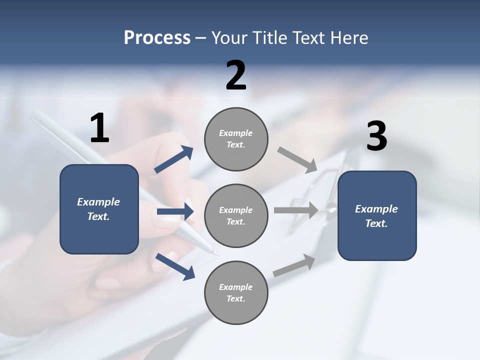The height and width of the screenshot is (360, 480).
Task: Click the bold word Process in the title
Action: click(x=157, y=38)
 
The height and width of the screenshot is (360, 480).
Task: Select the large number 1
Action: click(x=99, y=128)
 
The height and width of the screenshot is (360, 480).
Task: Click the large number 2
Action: click(x=236, y=75)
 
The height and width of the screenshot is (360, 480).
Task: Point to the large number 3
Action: click(x=376, y=137)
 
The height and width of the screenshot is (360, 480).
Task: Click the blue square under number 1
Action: click(x=99, y=209)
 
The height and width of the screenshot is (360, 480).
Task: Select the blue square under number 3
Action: click(x=377, y=216)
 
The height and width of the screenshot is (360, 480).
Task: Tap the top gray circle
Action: click(x=236, y=139)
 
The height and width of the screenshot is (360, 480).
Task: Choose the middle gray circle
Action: click(x=236, y=216)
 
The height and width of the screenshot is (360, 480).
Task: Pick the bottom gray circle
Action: click(x=236, y=293)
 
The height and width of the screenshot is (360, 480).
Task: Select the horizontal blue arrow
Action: click(x=175, y=211)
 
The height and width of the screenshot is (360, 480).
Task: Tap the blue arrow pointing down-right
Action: click(x=175, y=266)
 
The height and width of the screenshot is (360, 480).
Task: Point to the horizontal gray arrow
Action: click(x=296, y=210)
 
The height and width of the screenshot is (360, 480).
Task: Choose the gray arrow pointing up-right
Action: click(x=294, y=265)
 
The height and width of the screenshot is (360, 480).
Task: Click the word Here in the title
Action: click(x=349, y=38)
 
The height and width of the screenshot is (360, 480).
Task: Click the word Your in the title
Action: click(x=228, y=38)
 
